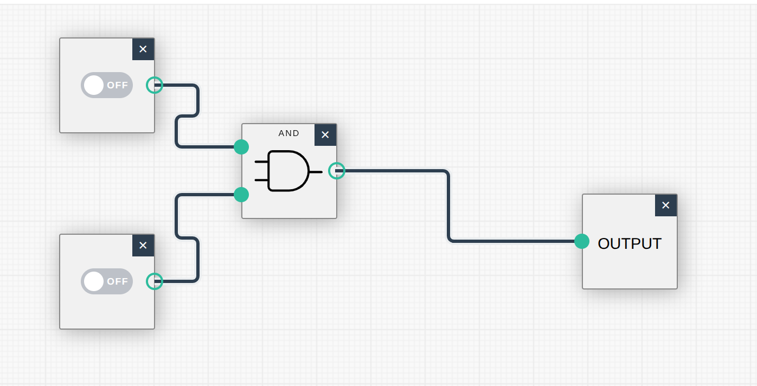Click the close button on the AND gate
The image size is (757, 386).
325,135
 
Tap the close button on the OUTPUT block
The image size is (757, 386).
666,205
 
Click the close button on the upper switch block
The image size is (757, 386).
143,49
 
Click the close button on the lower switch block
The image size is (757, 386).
143,246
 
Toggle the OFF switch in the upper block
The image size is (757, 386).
107,85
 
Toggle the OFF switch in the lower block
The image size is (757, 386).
107,281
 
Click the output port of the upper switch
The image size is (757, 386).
155,85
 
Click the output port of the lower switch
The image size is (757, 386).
155,281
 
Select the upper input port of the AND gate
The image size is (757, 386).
241,147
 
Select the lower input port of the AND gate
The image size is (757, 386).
241,194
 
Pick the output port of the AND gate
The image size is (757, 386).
337,171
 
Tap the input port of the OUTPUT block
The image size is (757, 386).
582,241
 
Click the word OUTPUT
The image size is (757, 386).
630,244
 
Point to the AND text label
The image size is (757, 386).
288,133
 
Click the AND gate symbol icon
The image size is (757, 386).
288,171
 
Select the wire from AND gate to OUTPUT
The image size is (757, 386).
449,206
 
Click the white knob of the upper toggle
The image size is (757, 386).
94,85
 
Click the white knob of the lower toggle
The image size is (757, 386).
94,281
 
